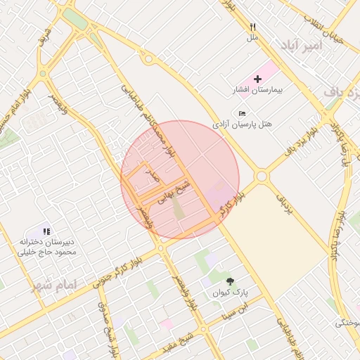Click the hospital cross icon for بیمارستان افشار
(x=257, y=79)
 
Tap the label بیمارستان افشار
(x=257, y=90)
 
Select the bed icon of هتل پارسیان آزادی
(x=242, y=113)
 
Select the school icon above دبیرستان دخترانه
(x=46, y=231)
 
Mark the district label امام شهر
(x=53, y=285)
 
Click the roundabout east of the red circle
(x=262, y=176)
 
